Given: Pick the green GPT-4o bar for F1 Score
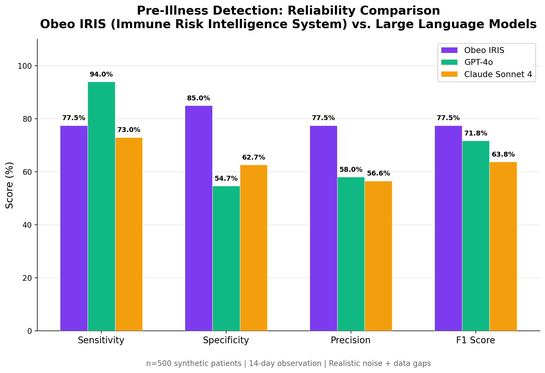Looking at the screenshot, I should [x=476, y=236].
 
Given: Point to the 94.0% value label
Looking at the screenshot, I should [x=101, y=74].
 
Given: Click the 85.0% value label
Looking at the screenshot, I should [x=199, y=98].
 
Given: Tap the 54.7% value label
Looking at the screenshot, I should [x=226, y=179].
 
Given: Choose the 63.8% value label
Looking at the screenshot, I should [x=503, y=155].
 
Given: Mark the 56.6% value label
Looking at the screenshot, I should [x=378, y=173].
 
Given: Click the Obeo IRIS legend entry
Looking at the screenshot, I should [x=484, y=50].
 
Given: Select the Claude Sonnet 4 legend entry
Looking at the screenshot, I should [x=498, y=74].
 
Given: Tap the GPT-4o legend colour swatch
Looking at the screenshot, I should [x=449, y=62].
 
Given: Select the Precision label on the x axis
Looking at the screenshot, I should [x=351, y=340].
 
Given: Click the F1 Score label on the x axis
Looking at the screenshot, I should [x=476, y=340].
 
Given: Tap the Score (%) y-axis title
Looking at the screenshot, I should [x=10, y=185].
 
